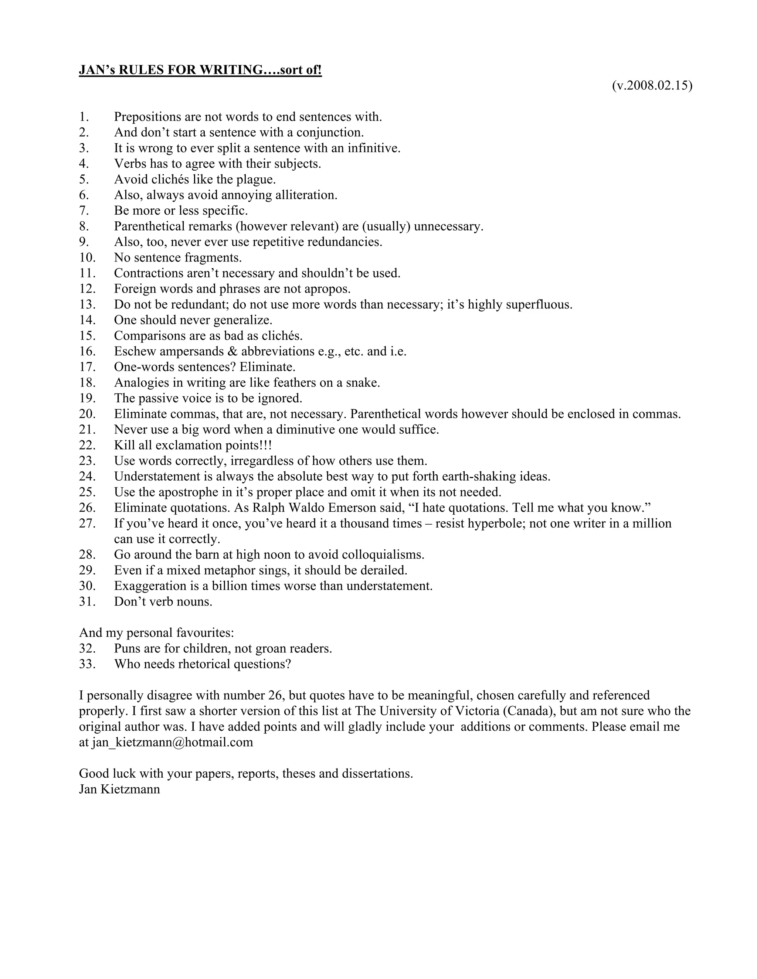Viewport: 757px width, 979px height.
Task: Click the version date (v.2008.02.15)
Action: pyautogui.click(x=652, y=86)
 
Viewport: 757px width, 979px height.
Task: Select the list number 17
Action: pyautogui.click(x=88, y=367)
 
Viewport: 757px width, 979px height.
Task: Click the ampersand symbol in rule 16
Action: pyautogui.click(x=232, y=351)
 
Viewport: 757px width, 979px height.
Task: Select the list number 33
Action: pyautogui.click(x=88, y=664)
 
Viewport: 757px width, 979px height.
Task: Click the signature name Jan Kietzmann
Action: pyautogui.click(x=119, y=789)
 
